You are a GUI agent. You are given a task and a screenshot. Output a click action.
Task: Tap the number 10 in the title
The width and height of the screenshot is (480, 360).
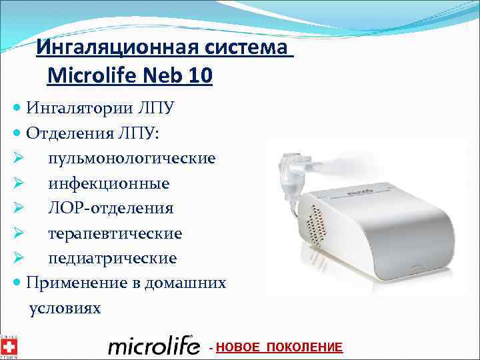pyautogui.click(x=200, y=75)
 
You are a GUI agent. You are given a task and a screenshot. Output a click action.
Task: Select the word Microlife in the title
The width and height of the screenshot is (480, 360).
pyautogui.click(x=91, y=75)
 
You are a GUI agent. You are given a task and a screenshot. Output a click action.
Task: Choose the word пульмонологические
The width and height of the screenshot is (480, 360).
pyautogui.click(x=131, y=158)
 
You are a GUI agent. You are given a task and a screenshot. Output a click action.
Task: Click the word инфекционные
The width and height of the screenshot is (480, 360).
pyautogui.click(x=108, y=183)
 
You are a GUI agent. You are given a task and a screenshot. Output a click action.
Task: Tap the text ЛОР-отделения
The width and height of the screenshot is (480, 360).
pyautogui.click(x=111, y=208)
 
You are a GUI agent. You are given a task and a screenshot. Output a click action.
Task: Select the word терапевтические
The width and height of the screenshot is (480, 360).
pyautogui.click(x=115, y=233)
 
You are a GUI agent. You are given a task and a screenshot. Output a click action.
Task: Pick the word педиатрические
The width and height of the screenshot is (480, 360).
pyautogui.click(x=112, y=258)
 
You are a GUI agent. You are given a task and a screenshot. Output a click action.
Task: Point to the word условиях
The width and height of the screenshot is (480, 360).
pyautogui.click(x=65, y=308)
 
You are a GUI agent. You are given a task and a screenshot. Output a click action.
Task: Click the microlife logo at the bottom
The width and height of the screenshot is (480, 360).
pyautogui.click(x=153, y=346)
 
